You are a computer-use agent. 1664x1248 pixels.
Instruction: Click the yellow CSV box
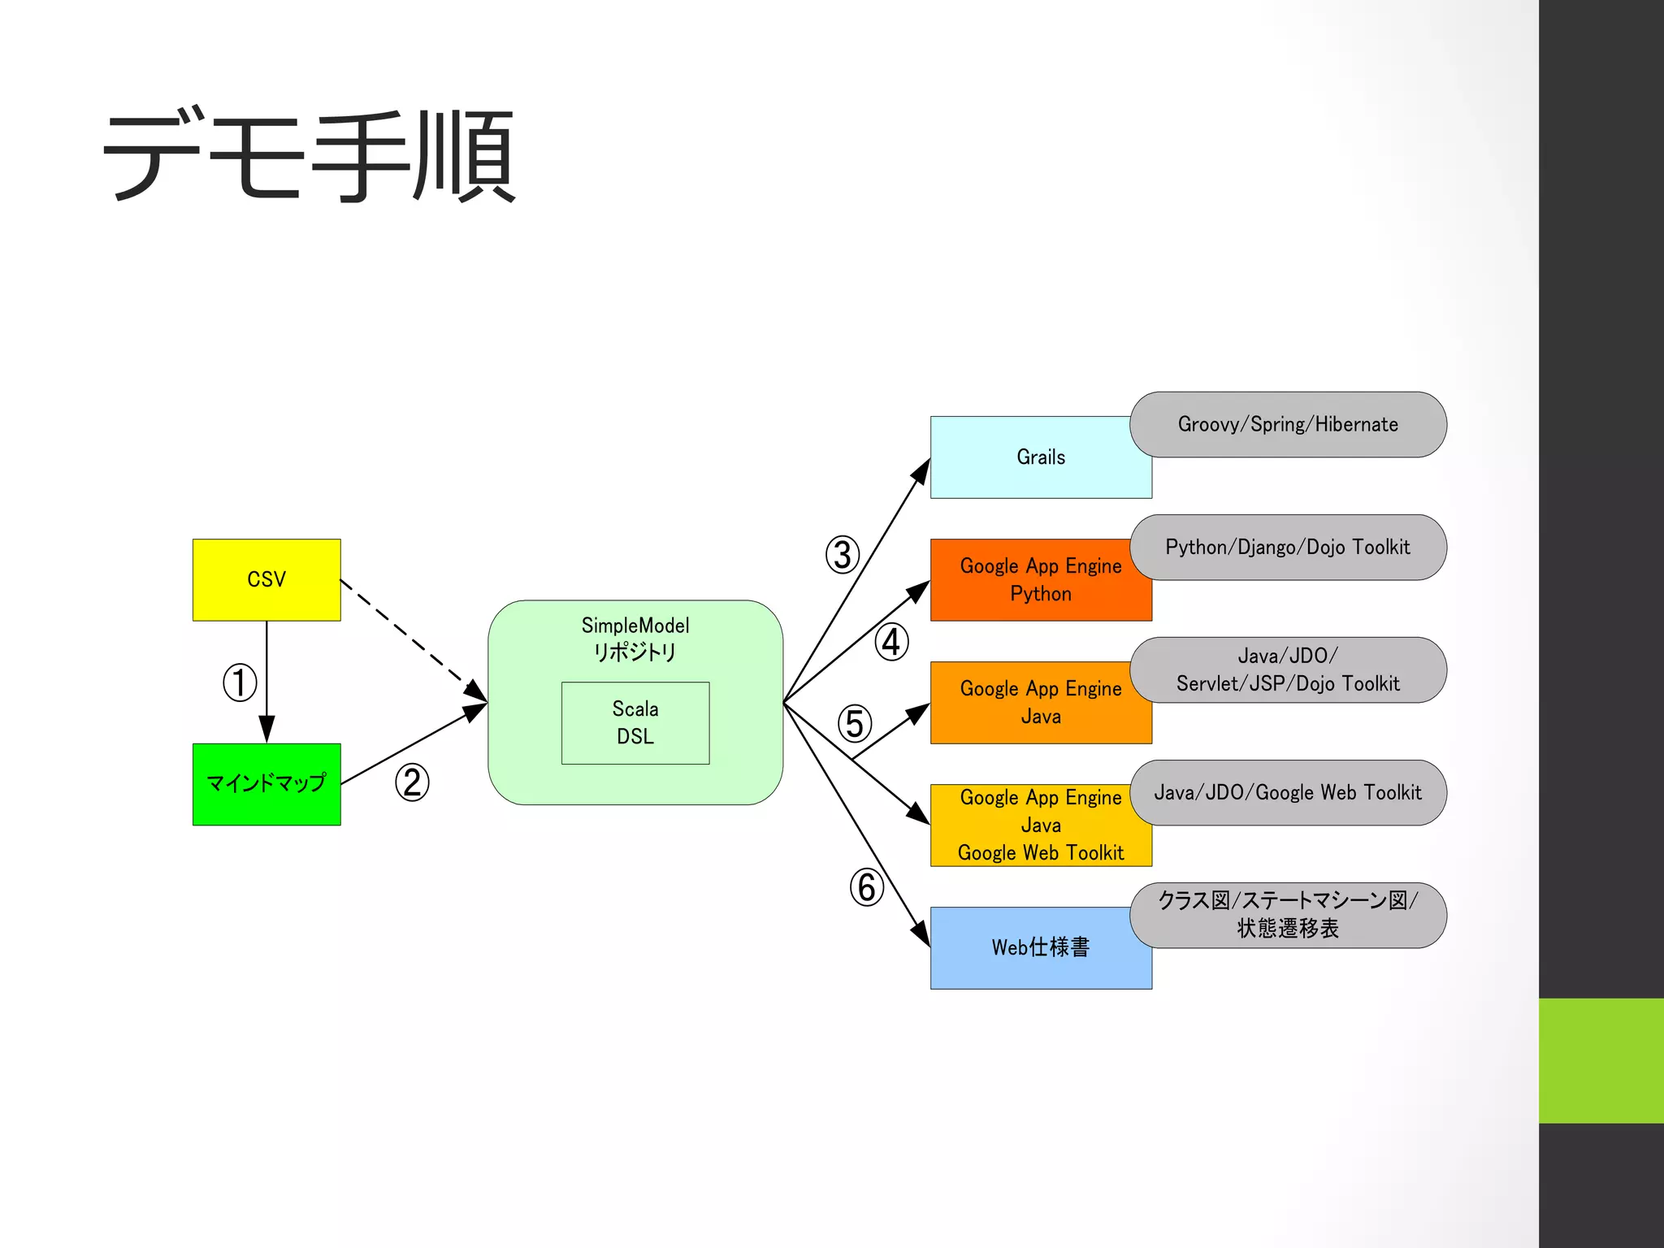[x=266, y=579]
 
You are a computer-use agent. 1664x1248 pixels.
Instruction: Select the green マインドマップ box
[x=266, y=784]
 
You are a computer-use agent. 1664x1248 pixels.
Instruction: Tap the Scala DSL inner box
[x=635, y=722]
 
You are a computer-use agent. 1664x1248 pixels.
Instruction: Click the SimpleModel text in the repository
[x=635, y=626]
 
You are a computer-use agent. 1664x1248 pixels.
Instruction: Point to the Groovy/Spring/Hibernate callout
[x=1288, y=424]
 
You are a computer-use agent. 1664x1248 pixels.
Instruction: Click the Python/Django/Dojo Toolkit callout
[x=1288, y=547]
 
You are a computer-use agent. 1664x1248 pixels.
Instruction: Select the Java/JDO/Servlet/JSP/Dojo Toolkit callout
[x=1288, y=669]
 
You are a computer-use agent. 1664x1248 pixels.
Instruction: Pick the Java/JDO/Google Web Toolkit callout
[x=1288, y=792]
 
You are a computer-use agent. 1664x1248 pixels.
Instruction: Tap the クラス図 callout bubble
[x=1288, y=915]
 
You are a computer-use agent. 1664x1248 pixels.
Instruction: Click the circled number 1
[x=240, y=682]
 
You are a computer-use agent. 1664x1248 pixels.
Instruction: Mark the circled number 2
[x=412, y=782]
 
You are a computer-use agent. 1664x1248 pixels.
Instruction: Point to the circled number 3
[x=843, y=555]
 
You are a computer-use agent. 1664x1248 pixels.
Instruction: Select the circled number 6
[x=866, y=887]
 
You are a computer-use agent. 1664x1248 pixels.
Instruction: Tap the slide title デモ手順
[x=309, y=156]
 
